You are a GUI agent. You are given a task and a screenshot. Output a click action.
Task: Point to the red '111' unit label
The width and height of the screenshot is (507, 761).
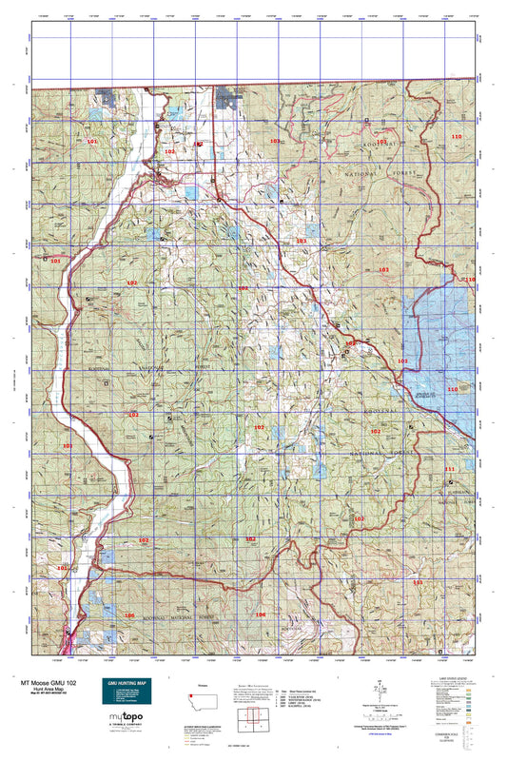tap(450, 470)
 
